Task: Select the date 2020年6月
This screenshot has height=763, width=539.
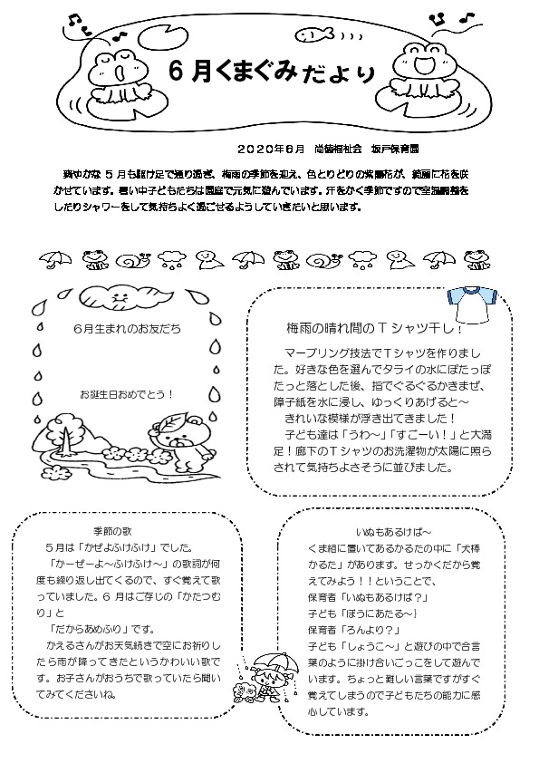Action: click(271, 148)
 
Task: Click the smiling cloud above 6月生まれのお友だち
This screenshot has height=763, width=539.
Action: click(117, 296)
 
